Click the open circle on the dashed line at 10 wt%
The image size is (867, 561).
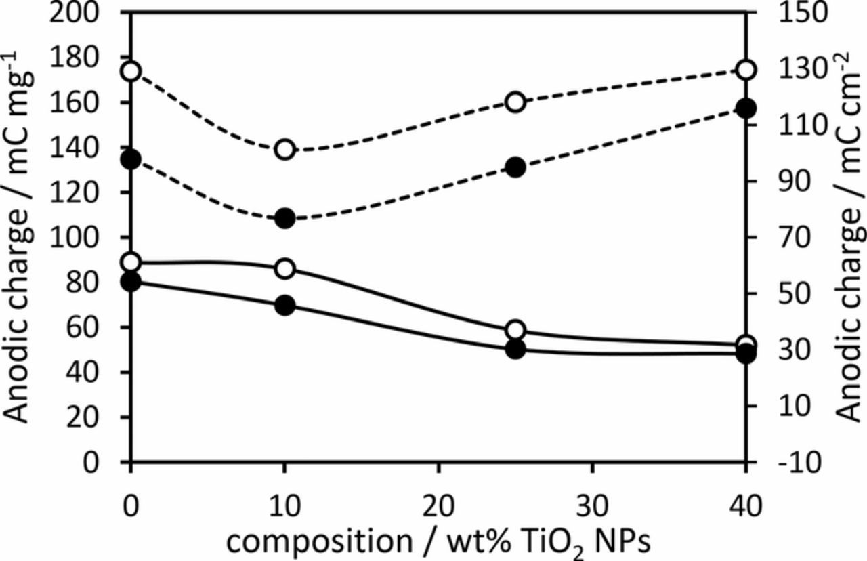tap(285, 150)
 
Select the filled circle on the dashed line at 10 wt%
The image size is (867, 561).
tap(285, 218)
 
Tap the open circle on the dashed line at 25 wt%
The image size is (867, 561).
tap(515, 102)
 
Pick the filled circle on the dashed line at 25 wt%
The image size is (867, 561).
tap(515, 167)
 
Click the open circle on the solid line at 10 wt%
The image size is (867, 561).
tap(285, 269)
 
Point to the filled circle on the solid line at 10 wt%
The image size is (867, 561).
tap(285, 306)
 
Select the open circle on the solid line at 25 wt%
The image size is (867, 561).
tap(515, 331)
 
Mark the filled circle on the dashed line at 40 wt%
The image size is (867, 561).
tap(746, 108)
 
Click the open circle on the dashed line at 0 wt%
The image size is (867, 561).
tap(131, 71)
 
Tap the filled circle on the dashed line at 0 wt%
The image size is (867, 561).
tap(131, 159)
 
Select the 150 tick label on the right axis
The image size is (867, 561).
tap(788, 14)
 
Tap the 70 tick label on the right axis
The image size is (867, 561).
tap(780, 238)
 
